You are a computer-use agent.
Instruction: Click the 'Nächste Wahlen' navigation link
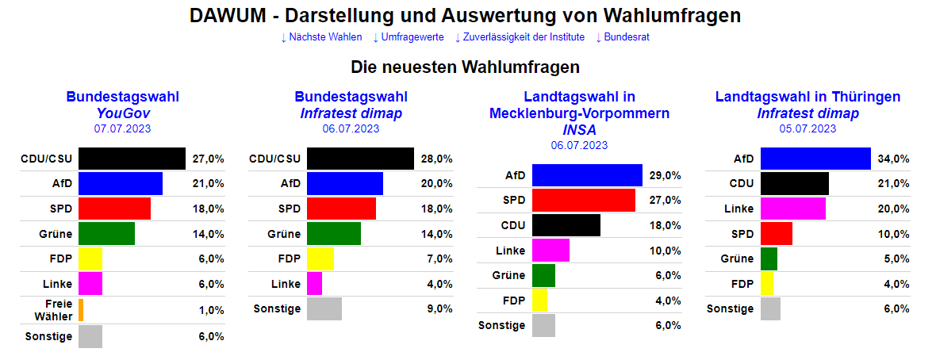pyautogui.click(x=321, y=37)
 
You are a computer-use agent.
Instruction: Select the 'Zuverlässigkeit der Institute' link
pyautogui.click(x=520, y=37)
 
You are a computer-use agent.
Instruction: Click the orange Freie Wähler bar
pyautogui.click(x=81, y=310)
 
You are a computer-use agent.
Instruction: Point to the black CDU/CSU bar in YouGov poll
pyautogui.click(x=132, y=159)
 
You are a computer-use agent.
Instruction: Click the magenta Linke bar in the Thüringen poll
pyautogui.click(x=792, y=209)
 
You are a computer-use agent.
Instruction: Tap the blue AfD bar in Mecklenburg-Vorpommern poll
pyautogui.click(x=587, y=175)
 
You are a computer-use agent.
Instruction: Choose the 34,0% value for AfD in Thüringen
pyautogui.click(x=894, y=159)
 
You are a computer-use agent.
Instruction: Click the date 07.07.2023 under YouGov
pyautogui.click(x=122, y=128)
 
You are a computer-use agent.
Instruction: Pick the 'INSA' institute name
pyautogui.click(x=579, y=129)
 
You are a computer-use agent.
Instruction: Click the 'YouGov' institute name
pyautogui.click(x=122, y=113)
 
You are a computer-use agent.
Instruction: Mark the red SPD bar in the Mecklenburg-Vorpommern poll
pyautogui.click(x=583, y=200)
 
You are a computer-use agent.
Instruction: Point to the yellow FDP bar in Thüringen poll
pyautogui.click(x=767, y=284)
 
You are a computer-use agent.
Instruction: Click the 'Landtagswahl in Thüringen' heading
pyautogui.click(x=807, y=97)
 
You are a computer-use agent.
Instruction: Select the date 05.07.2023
pyautogui.click(x=807, y=128)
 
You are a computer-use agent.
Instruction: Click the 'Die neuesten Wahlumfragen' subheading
pyautogui.click(x=466, y=67)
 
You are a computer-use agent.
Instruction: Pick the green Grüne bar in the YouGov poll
pyautogui.click(x=106, y=234)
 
